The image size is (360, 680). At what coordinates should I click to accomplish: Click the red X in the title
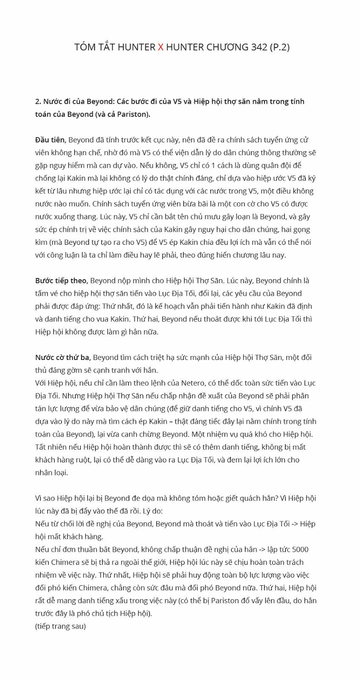(x=160, y=47)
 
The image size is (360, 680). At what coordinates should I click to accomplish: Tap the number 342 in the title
(x=259, y=47)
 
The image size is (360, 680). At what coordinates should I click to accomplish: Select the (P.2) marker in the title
(x=280, y=47)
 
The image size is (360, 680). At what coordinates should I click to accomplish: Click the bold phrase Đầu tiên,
(x=51, y=140)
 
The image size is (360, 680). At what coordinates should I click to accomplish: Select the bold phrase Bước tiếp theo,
(x=62, y=280)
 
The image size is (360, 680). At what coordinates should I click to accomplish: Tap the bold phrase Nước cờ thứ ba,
(x=63, y=357)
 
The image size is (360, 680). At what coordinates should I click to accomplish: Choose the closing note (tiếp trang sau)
(x=60, y=626)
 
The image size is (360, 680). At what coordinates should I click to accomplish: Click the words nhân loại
(x=51, y=473)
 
